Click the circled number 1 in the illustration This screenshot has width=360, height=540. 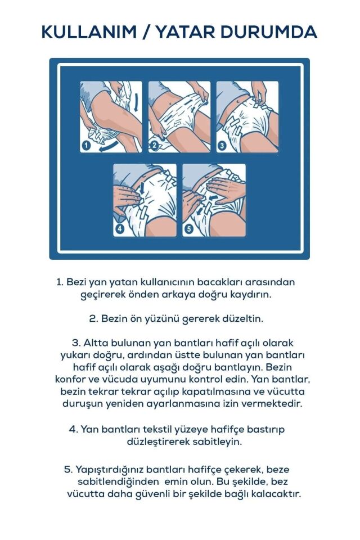(x=86, y=146)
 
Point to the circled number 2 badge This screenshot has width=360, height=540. (x=154, y=146)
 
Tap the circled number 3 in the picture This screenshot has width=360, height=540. (x=222, y=146)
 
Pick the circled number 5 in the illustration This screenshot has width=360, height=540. (x=189, y=229)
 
